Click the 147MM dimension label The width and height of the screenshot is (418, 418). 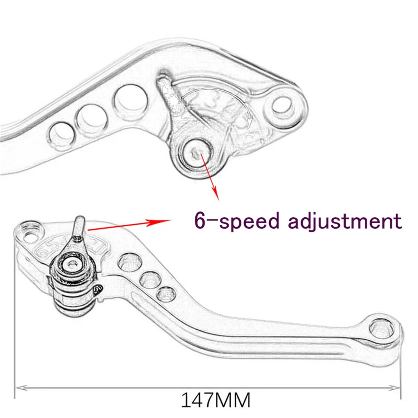coord(216,400)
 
